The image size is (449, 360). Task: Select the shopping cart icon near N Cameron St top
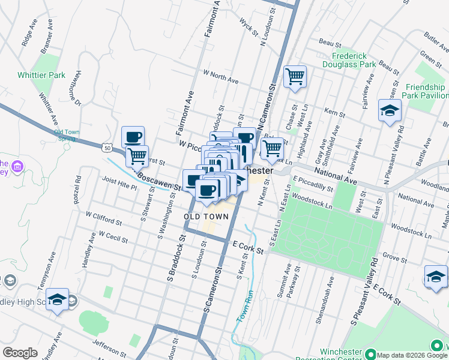pyautogui.click(x=295, y=76)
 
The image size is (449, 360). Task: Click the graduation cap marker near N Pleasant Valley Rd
pyautogui.click(x=390, y=110)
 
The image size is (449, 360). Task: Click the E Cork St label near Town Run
pyautogui.click(x=248, y=247)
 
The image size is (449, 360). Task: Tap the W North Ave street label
pyautogui.click(x=220, y=77)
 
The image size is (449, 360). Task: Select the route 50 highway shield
pyautogui.click(x=106, y=147)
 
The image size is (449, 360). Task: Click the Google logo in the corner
pyautogui.click(x=19, y=352)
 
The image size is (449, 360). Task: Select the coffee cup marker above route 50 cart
pyautogui.click(x=133, y=137)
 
